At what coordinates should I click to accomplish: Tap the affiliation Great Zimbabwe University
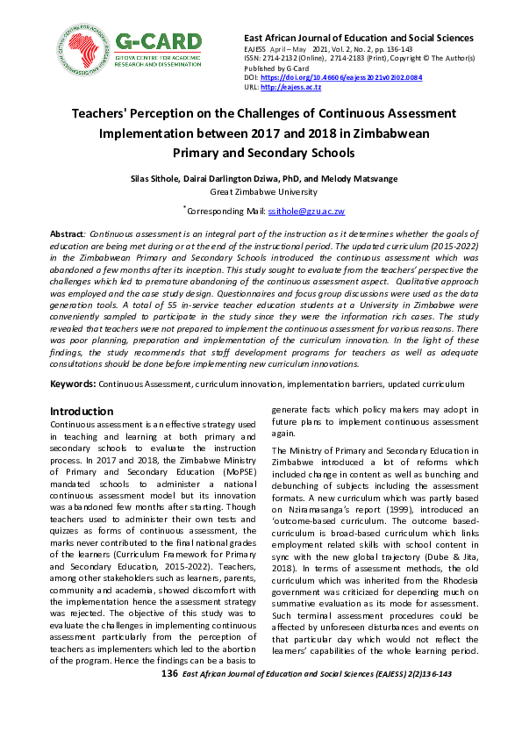pos(261,190)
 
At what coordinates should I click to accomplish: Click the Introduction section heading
pos(82,411)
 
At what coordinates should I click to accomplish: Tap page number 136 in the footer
pos(146,672)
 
